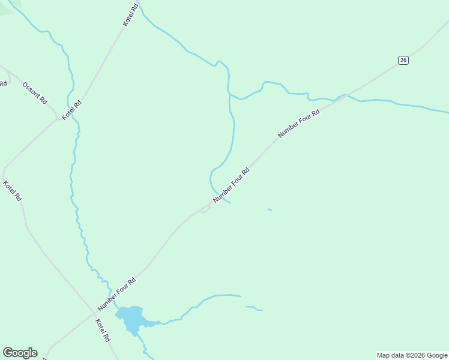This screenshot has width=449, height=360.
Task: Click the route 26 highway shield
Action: tap(403, 60)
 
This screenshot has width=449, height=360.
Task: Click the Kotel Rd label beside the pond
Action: tap(103, 330)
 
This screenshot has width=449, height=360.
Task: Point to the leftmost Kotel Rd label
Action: tap(13, 191)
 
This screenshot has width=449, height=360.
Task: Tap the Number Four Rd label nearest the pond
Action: tap(117, 293)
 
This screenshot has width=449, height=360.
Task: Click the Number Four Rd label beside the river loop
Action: tap(231, 185)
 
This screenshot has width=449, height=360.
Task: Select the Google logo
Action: tap(20, 353)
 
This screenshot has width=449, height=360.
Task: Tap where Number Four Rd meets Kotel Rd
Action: tap(95, 312)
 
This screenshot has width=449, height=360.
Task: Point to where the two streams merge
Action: tap(229, 94)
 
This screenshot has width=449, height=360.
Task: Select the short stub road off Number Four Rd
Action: tap(203, 211)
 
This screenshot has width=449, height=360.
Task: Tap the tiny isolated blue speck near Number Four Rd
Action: tap(270, 209)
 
